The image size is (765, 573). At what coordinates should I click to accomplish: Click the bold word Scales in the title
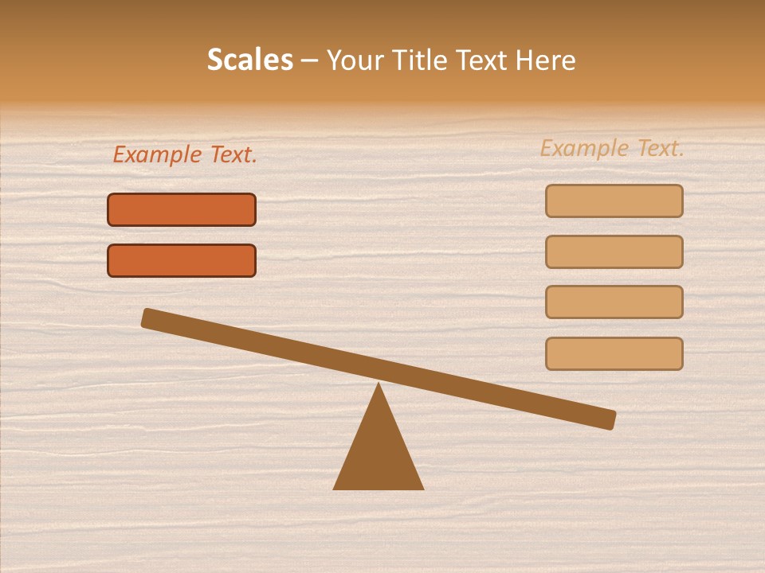[249, 60]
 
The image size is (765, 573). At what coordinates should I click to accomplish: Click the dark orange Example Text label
[185, 154]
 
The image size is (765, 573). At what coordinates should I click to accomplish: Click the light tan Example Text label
[612, 148]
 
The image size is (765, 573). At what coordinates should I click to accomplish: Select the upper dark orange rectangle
[182, 209]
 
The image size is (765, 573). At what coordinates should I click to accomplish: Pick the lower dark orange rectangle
[182, 260]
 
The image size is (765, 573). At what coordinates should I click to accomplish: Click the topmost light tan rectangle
[614, 201]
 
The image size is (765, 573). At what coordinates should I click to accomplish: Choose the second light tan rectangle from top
[614, 251]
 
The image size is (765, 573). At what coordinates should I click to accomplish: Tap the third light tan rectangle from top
[614, 302]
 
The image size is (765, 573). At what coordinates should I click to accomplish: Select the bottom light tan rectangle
[614, 353]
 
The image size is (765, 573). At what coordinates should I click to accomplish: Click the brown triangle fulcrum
[379, 454]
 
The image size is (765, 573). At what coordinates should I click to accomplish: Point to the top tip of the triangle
[379, 384]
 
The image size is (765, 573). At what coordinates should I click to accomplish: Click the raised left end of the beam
[149, 318]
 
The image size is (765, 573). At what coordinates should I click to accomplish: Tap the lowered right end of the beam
[609, 419]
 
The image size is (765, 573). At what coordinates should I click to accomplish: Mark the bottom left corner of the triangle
[335, 488]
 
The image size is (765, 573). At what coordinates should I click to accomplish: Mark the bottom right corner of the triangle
[422, 488]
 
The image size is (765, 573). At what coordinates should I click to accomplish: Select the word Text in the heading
[481, 60]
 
